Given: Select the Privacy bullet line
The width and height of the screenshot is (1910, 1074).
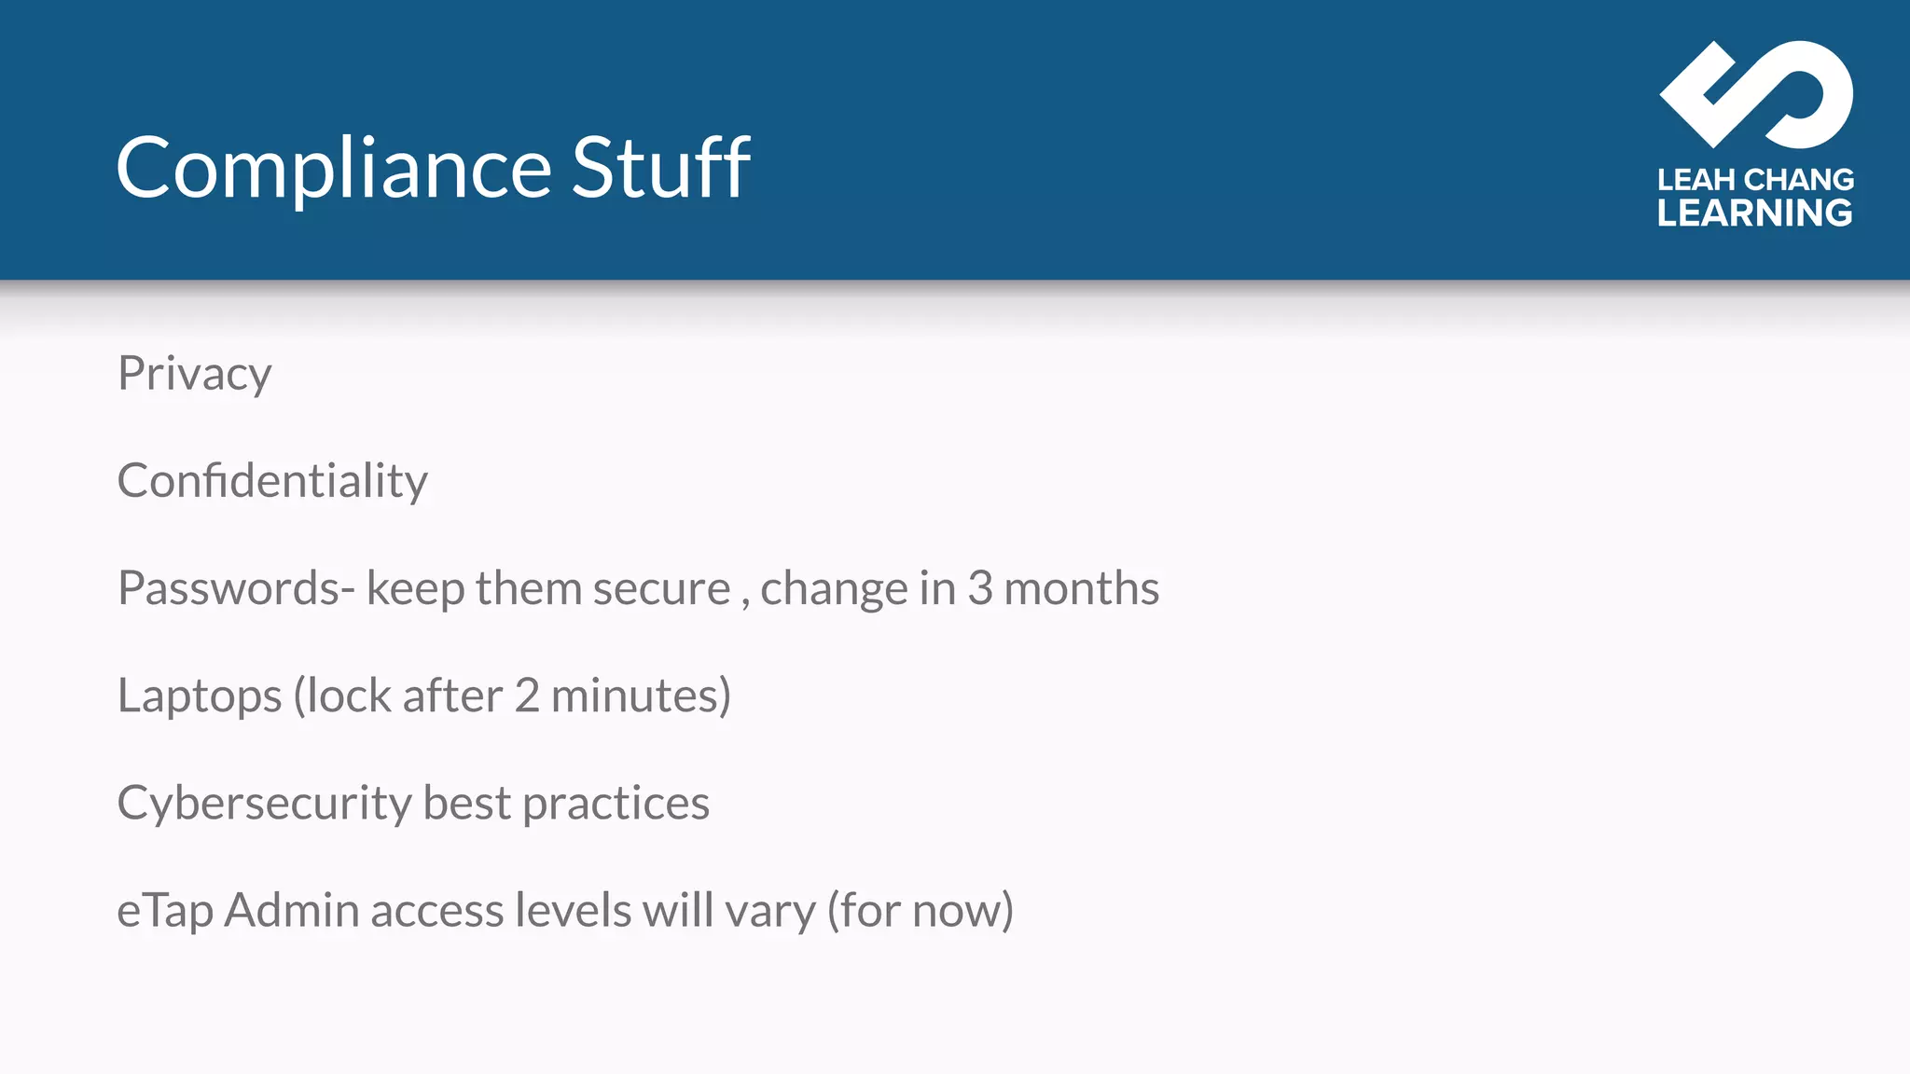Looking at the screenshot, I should (x=194, y=375).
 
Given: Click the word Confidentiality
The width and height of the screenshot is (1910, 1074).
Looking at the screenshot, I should (x=272, y=482).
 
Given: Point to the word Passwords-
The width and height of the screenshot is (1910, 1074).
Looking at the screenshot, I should (x=236, y=589).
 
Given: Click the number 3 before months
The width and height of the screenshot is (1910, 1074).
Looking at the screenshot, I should (x=979, y=589).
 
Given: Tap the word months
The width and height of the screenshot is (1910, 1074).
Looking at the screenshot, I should (x=1081, y=589).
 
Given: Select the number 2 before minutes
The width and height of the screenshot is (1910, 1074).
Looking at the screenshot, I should (x=527, y=696).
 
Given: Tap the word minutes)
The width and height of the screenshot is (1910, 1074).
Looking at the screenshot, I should (x=641, y=696).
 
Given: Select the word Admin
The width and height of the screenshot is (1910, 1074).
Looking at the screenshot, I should (x=292, y=911).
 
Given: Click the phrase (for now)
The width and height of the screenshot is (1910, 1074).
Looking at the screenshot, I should (x=920, y=911).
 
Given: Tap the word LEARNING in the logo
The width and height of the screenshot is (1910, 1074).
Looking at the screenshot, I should (x=1754, y=213).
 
